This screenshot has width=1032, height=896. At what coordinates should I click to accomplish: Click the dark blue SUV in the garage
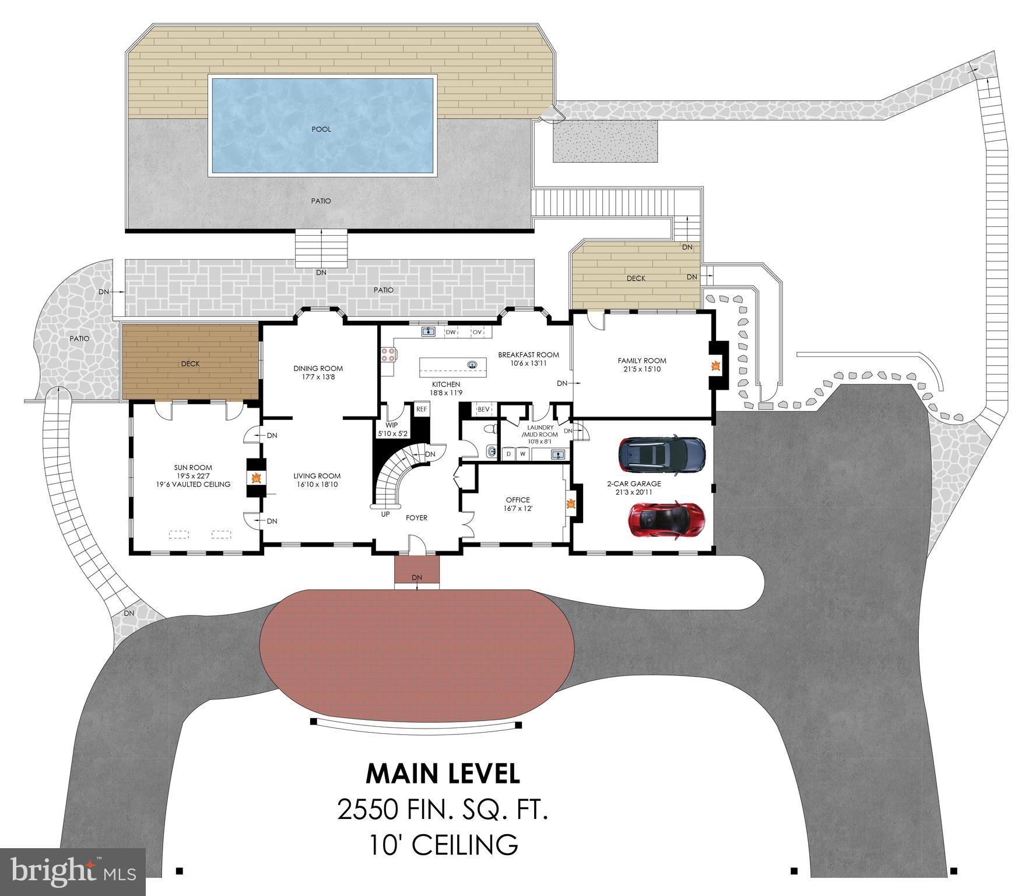[662, 453]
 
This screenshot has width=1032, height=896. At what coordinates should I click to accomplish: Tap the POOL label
[321, 129]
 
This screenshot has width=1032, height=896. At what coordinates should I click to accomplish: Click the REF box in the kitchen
[422, 409]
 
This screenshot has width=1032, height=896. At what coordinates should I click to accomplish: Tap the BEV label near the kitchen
[483, 409]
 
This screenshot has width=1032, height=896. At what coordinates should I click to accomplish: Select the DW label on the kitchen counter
[450, 332]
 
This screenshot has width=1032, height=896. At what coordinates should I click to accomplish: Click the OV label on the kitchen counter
[477, 332]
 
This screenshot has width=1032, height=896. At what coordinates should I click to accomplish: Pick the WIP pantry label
[391, 409]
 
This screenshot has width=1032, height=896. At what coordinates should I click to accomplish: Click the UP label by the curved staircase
[385, 514]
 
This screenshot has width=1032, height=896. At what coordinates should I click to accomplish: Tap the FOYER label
[416, 517]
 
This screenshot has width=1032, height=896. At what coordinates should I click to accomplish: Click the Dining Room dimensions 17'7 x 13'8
[318, 377]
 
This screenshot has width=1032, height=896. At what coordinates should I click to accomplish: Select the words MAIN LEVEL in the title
[443, 774]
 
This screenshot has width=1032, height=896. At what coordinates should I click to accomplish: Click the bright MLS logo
[72, 871]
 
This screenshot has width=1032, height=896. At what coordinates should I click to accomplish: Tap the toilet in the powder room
[492, 429]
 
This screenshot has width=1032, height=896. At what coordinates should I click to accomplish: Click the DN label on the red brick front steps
[416, 577]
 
